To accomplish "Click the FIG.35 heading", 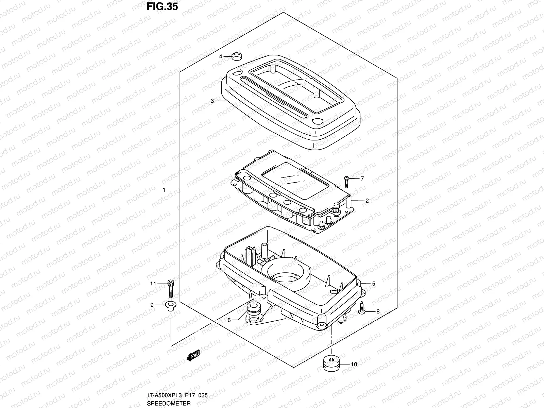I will [163, 7].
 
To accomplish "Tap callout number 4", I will [220, 56].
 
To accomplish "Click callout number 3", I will [212, 101].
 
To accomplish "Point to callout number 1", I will [164, 190].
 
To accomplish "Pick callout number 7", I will [362, 178].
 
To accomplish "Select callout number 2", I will [367, 201].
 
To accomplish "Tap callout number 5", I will [373, 284].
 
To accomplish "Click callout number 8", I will [378, 311].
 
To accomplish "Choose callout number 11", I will [153, 284].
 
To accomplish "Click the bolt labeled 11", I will [171, 288].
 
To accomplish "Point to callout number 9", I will [152, 305].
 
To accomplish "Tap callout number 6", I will [229, 320].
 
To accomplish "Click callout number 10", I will [354, 364].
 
